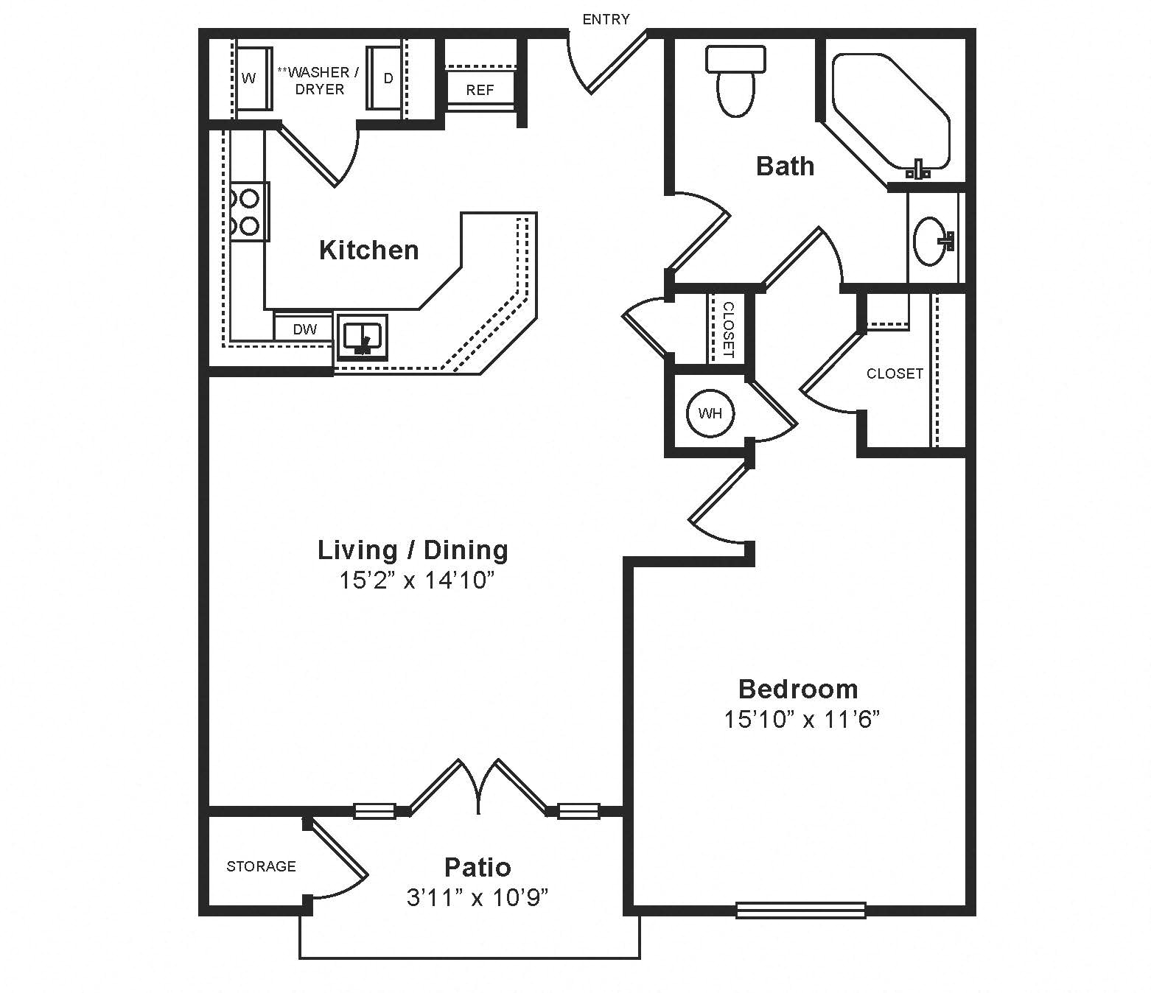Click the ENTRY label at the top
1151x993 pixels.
[x=606, y=19]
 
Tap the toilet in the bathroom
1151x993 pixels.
[x=735, y=81]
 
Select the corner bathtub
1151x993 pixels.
[x=891, y=111]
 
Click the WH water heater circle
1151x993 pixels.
[x=710, y=413]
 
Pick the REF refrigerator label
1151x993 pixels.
[x=480, y=90]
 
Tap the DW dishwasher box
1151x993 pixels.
[x=304, y=329]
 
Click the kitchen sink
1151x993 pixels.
[x=363, y=337]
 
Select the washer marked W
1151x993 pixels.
[x=249, y=79]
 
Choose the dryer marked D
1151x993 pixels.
[x=388, y=79]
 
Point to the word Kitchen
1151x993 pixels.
[x=368, y=250]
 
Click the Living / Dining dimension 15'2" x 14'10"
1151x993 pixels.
[x=417, y=581]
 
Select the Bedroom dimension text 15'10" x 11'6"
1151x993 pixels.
[x=801, y=720]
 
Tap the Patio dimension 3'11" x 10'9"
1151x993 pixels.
[x=477, y=897]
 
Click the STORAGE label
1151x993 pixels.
[x=261, y=866]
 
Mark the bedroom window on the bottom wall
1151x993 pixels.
[x=801, y=910]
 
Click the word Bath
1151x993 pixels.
[x=786, y=166]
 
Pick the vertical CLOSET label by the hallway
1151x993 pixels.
[x=728, y=329]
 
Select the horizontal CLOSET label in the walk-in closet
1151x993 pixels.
[x=895, y=373]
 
